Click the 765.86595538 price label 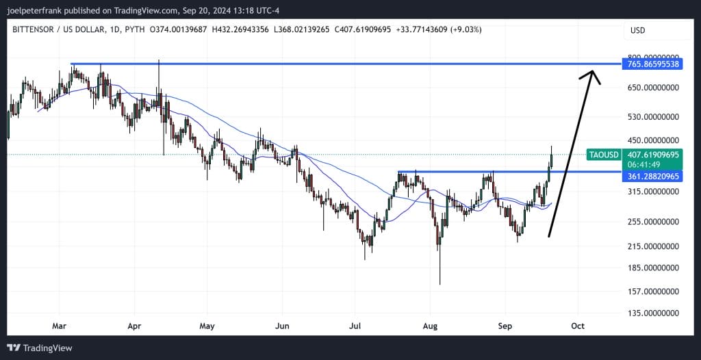(x=653, y=64)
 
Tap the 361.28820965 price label (x=653, y=176)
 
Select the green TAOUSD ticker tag (x=603, y=155)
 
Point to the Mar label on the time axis (x=60, y=326)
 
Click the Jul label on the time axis (x=355, y=326)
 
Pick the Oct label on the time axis (x=578, y=326)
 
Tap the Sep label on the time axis (x=505, y=326)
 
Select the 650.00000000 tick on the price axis (x=652, y=88)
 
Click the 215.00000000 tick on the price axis (x=652, y=246)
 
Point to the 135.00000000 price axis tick (x=652, y=313)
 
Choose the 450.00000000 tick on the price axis (x=652, y=140)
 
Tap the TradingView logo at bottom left (x=40, y=348)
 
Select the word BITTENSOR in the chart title (x=34, y=30)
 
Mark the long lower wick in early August (x=439, y=263)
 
